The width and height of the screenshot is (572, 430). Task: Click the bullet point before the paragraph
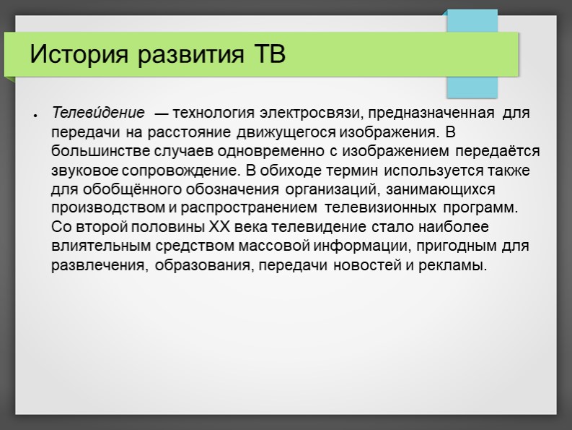[34, 115]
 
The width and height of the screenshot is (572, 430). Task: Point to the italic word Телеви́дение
[97, 113]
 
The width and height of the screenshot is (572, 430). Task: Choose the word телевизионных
[379, 208]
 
